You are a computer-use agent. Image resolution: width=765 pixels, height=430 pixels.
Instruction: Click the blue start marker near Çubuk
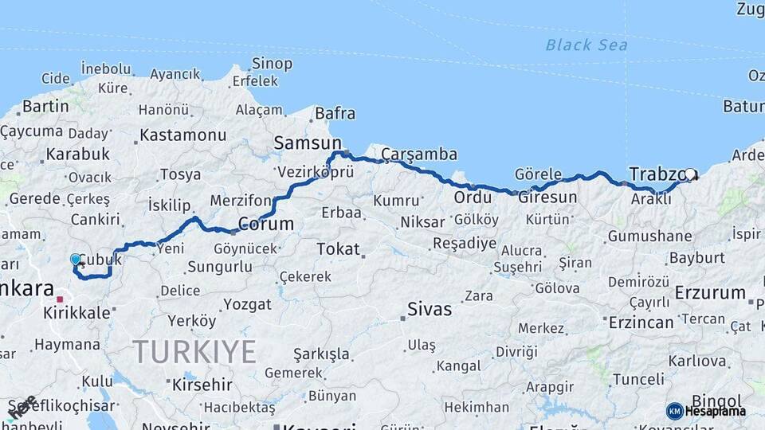[x=76, y=259]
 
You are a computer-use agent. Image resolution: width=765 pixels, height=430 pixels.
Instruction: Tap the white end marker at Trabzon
[x=690, y=174]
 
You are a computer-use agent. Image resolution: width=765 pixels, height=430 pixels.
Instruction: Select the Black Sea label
[x=586, y=45]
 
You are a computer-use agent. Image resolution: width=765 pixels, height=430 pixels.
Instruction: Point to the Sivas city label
[x=429, y=309]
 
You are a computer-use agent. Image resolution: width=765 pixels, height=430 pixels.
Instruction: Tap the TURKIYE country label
[x=194, y=351]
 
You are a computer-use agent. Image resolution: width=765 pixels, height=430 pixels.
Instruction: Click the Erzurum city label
[x=709, y=293]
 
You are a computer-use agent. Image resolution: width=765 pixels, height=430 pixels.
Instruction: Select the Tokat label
[x=338, y=249]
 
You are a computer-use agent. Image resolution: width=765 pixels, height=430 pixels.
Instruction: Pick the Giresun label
[x=547, y=197]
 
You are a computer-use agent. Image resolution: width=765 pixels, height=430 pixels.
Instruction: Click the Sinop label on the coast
[x=272, y=64]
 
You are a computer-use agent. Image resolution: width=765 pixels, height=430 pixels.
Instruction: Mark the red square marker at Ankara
[x=60, y=299]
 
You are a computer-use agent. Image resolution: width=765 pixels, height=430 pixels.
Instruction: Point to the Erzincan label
[x=641, y=322]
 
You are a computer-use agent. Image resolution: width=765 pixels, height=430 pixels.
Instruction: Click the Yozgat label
[x=246, y=304]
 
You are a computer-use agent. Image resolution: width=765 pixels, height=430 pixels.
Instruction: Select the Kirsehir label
[x=201, y=385]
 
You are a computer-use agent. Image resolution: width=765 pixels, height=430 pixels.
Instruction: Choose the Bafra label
[x=335, y=114]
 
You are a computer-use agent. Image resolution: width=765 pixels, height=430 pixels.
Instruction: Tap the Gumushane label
[x=649, y=236]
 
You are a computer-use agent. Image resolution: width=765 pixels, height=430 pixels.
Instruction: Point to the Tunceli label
[x=638, y=379]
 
